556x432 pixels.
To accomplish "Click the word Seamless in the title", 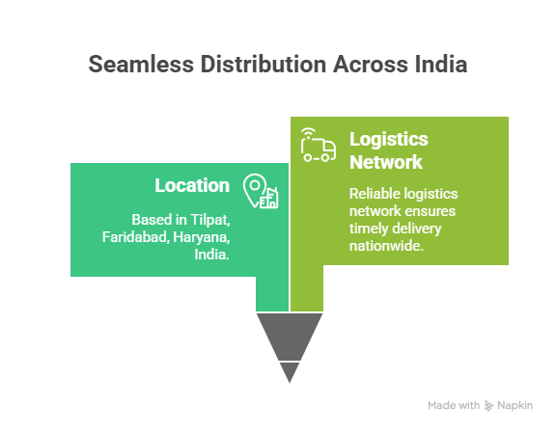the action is (x=141, y=64).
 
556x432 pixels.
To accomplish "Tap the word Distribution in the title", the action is (x=264, y=64).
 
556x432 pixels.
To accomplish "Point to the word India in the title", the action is (x=441, y=64).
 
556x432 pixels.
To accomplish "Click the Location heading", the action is (x=192, y=185).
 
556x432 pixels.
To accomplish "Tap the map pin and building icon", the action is (x=261, y=191).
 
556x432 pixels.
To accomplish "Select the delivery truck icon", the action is (x=318, y=146).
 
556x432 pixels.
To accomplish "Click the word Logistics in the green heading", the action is (x=389, y=140).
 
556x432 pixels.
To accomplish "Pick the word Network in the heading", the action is (x=386, y=162).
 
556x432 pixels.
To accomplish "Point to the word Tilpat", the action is (x=210, y=220).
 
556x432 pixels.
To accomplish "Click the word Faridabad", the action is (x=135, y=237).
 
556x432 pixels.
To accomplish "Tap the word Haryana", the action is (x=202, y=237).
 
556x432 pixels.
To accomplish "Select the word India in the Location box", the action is (x=211, y=255).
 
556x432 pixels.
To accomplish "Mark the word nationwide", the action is (x=386, y=246).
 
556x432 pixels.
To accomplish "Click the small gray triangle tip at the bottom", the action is (x=290, y=370).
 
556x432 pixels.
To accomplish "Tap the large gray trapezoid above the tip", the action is (x=290, y=335).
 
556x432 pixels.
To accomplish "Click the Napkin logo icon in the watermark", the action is (x=489, y=405).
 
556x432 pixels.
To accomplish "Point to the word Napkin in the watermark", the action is (x=514, y=405).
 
